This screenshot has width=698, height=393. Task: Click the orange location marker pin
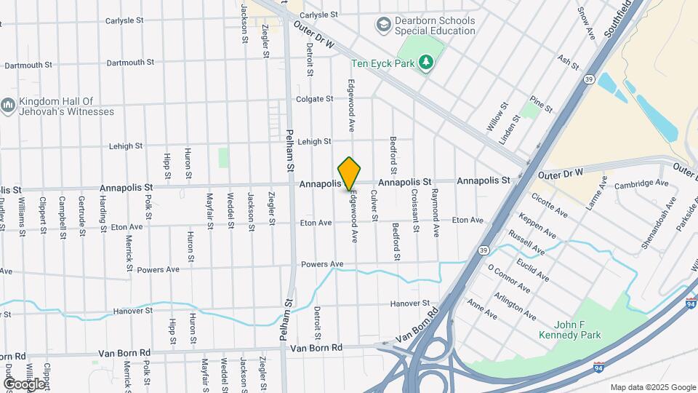349,174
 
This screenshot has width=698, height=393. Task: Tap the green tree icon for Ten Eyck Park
426,63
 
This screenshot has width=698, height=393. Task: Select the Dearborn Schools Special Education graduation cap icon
382,25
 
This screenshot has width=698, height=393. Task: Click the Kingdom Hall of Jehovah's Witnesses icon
8,106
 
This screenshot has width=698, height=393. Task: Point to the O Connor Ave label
509,279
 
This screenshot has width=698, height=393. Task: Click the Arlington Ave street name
515,306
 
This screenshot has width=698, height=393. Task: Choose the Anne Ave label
481,309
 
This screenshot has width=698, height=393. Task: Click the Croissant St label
415,210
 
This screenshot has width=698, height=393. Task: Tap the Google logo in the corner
24,383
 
